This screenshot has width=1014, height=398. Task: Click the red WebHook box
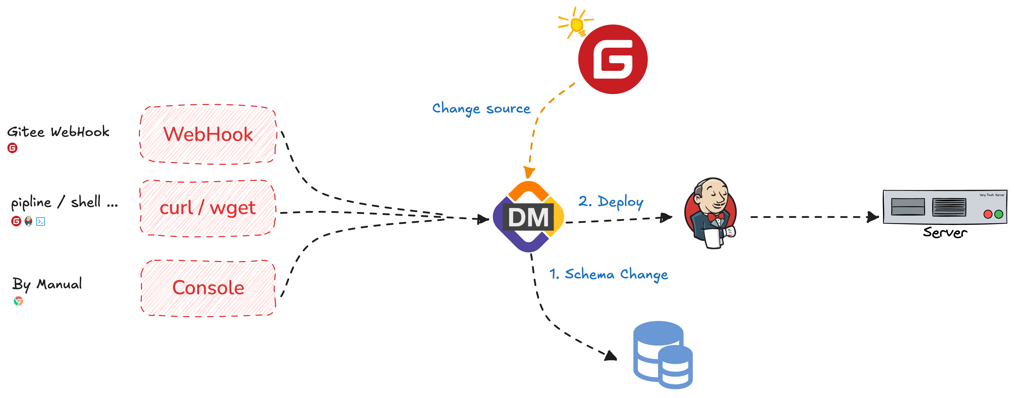coord(208,134)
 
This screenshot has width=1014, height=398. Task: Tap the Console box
coord(208,288)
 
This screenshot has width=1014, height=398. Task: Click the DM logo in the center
coord(528,217)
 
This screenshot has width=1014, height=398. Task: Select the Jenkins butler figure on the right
coord(710,213)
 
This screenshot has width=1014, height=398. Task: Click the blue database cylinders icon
coord(663,355)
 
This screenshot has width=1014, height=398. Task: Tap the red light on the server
coord(988,214)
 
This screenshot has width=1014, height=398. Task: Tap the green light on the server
coord(999,214)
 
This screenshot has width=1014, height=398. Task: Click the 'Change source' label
coord(481,108)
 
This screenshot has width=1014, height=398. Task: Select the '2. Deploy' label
coord(611,202)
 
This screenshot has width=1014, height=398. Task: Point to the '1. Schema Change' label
coord(608,274)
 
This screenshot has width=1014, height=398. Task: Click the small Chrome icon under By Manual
coord(18,301)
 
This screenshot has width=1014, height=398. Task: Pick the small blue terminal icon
coord(41,221)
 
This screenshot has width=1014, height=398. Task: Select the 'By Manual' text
coord(47,284)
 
